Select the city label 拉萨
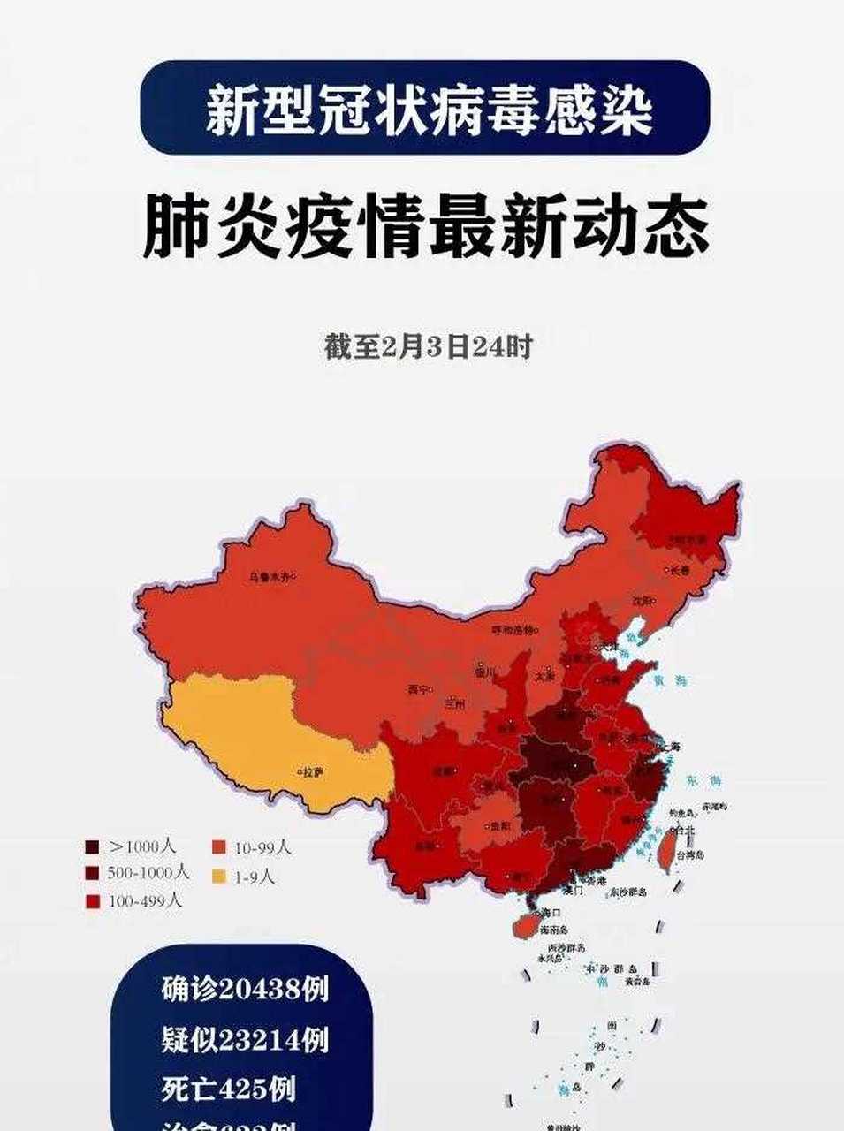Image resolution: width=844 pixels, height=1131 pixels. (x=312, y=771)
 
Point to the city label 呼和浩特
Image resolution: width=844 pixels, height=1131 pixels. (x=513, y=630)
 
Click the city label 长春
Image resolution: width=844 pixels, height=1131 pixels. (x=679, y=570)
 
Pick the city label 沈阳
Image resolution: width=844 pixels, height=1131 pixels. (x=643, y=601)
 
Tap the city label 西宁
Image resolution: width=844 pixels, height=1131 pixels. (x=418, y=689)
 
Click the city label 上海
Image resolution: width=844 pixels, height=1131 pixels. (x=670, y=747)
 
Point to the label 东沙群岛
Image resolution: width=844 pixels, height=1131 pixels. (x=627, y=892)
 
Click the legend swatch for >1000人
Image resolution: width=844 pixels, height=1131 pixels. (x=92, y=846)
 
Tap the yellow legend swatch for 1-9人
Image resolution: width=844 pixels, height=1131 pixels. (x=218, y=877)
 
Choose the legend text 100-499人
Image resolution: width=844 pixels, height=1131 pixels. (x=146, y=901)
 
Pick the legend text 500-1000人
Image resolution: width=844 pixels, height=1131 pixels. (x=149, y=873)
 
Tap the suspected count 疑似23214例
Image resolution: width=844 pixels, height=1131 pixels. (x=245, y=1039)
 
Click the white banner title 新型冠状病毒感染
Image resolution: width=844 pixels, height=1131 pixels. (x=429, y=110)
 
